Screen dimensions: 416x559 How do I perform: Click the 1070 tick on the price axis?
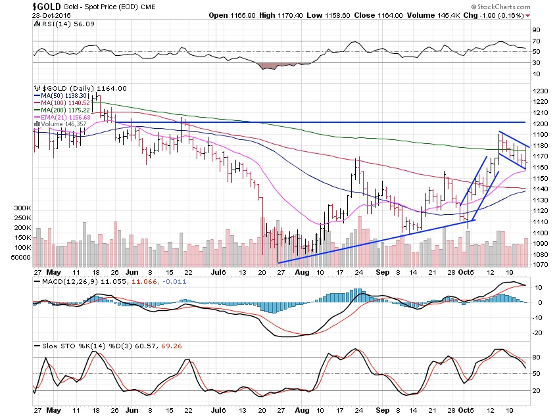(x=541, y=264)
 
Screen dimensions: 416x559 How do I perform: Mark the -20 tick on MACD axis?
(x=538, y=332)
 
